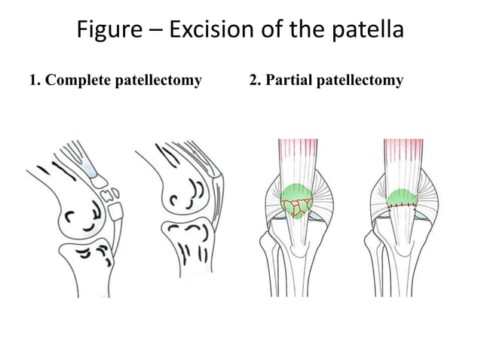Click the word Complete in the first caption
pyautogui.click(x=78, y=81)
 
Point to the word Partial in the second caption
pyautogui.click(x=288, y=81)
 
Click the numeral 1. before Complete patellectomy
pyautogui.click(x=35, y=81)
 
